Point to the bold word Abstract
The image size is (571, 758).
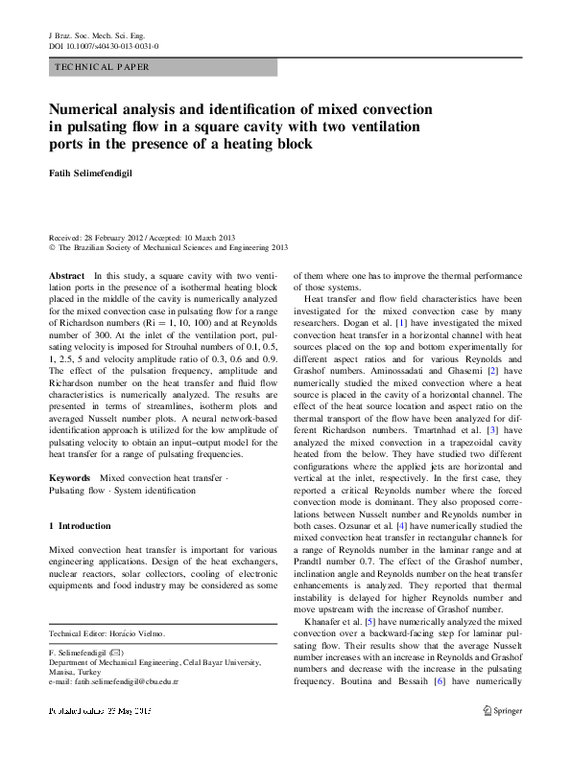pos(66,275)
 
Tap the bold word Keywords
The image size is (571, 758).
pos(70,476)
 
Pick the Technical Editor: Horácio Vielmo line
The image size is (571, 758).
pos(107,633)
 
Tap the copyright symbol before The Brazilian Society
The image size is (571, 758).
pos(52,246)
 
